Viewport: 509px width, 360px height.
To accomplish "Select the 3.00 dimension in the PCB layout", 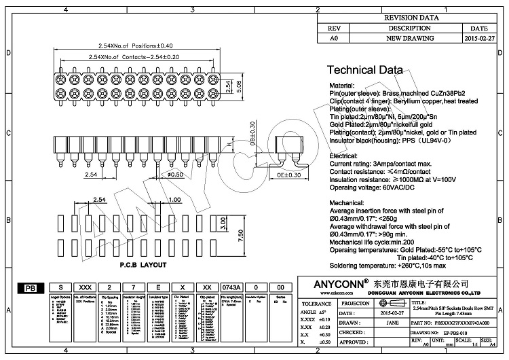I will click(223, 223).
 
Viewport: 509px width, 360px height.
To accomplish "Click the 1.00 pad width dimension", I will click(174, 200).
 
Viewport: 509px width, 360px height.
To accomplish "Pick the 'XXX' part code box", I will click(85, 288).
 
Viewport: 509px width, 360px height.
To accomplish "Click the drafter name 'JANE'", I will click(392, 323).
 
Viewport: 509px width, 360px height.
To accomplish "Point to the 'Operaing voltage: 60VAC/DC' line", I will click(375, 187).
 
